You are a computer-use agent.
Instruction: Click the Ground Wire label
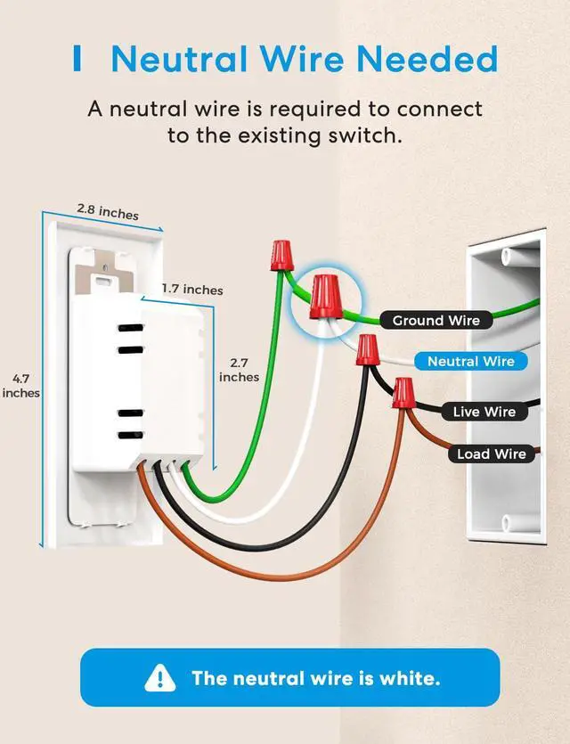pos(436,321)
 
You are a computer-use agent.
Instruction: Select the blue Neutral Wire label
pos(470,361)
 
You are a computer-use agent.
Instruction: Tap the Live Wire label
pos(484,412)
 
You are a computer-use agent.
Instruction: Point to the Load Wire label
pos(491,454)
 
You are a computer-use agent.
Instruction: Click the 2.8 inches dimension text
pos(107,212)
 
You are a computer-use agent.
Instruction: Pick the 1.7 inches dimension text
pos(192,290)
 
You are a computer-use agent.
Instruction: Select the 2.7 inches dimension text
pos(239,370)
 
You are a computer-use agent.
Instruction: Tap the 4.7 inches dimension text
pos(20,384)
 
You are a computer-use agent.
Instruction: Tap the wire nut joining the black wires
pos(366,350)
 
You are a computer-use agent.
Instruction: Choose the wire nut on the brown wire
pos(403,392)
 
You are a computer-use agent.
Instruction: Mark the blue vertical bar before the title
pos(77,60)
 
